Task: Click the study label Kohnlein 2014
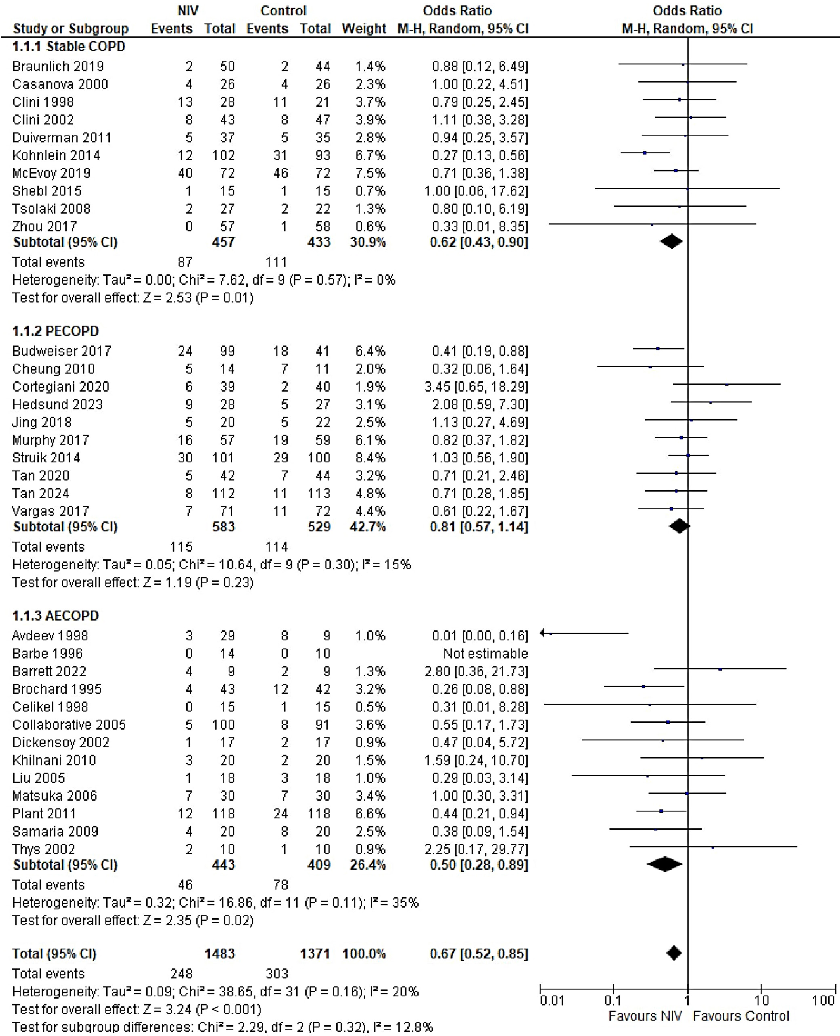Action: coord(56,155)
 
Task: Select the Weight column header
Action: coord(364,29)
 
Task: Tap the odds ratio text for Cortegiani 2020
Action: coord(480,386)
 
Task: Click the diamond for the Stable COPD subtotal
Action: coord(671,241)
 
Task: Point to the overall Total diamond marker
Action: coord(674,953)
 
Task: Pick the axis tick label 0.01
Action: coord(552,1001)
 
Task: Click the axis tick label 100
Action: coord(823,1001)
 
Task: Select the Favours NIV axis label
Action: coord(644,1016)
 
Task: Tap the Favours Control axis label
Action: coord(741,1016)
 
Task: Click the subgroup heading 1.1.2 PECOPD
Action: coord(55,331)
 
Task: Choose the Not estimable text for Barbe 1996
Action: coord(485,653)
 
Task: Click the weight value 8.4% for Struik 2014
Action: coord(370,458)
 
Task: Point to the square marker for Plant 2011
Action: coord(661,811)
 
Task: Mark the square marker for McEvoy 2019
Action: coord(676,170)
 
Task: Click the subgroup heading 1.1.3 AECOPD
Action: coord(55,616)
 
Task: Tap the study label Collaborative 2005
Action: coord(69,725)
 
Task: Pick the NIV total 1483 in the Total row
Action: coord(219,953)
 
